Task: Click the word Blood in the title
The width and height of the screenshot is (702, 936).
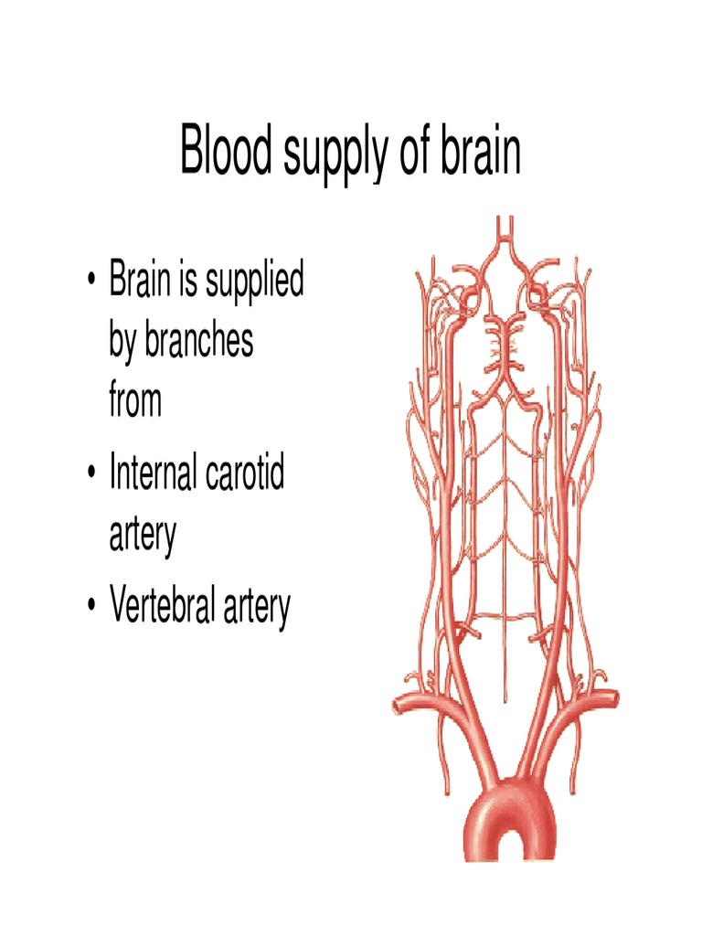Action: click(x=226, y=148)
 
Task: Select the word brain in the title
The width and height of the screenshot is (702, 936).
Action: click(x=481, y=148)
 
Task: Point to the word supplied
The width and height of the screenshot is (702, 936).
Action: click(x=254, y=283)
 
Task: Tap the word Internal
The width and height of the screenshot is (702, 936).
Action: click(x=153, y=472)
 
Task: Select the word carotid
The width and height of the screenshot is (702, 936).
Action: click(x=244, y=472)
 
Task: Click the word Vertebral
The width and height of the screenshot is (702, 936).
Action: click(x=162, y=604)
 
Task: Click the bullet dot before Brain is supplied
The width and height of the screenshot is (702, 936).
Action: click(x=90, y=280)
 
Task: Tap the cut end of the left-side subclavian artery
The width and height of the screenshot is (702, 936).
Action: click(x=398, y=705)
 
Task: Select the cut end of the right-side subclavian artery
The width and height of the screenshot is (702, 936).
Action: click(x=613, y=698)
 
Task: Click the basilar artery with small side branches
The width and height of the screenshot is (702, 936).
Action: click(x=505, y=346)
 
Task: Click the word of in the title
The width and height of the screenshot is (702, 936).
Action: click(x=414, y=148)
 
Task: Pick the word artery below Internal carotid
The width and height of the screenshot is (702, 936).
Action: click(x=143, y=534)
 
